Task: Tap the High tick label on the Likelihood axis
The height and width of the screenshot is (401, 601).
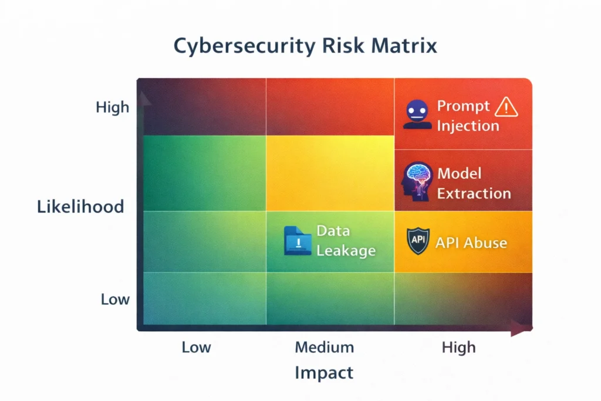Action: click(112, 107)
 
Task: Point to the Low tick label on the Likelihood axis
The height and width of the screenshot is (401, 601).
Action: click(115, 299)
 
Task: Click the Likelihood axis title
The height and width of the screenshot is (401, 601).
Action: click(80, 207)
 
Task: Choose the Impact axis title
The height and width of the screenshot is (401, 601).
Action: click(324, 373)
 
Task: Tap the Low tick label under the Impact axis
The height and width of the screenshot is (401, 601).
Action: click(196, 347)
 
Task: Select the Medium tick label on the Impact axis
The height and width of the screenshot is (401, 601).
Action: click(324, 347)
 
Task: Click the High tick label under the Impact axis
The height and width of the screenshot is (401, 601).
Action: click(458, 347)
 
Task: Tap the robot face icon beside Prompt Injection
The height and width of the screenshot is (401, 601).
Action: click(417, 114)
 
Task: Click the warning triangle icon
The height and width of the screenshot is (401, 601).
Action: click(505, 107)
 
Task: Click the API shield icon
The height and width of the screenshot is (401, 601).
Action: click(418, 241)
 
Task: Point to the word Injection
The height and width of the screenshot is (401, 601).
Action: click(468, 126)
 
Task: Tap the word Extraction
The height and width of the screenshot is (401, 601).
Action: click(474, 193)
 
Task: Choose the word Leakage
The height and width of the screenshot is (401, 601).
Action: click(346, 251)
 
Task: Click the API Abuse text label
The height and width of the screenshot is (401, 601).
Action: click(471, 242)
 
